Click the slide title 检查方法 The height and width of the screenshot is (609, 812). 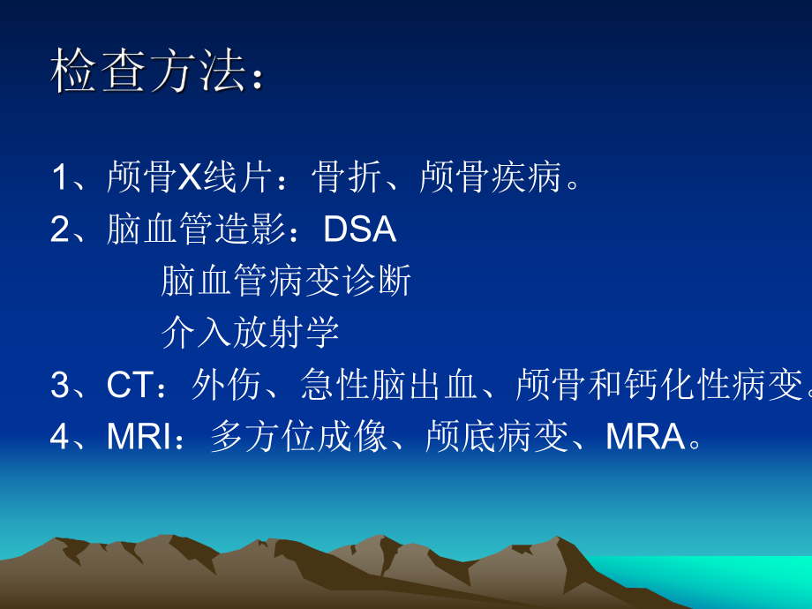pyautogui.click(x=146, y=72)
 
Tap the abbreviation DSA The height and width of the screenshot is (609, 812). pyautogui.click(x=360, y=229)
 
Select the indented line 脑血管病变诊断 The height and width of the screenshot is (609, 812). pyautogui.click(x=287, y=282)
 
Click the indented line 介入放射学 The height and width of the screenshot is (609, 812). pyautogui.click(x=251, y=333)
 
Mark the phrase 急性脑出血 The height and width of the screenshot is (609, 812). pyautogui.click(x=389, y=385)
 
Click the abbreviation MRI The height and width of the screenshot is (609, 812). pyautogui.click(x=141, y=437)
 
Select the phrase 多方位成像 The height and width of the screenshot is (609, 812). pyautogui.click(x=299, y=437)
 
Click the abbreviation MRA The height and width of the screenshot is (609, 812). pyautogui.click(x=644, y=437)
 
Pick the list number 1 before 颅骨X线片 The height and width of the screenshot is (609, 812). pyautogui.click(x=60, y=178)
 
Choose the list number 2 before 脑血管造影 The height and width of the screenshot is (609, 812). pyautogui.click(x=60, y=229)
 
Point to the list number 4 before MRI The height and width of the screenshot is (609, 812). pyautogui.click(x=60, y=437)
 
